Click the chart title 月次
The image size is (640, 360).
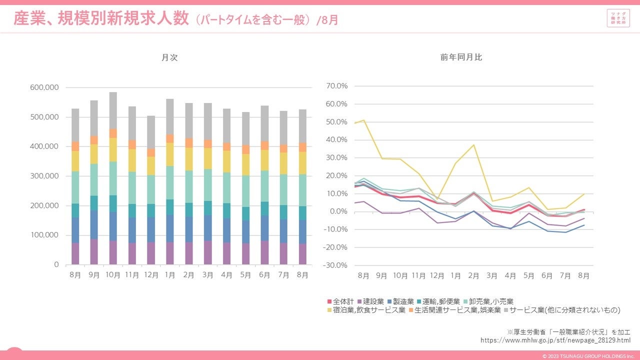pos(169,57)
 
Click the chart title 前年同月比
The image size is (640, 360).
pos(461,57)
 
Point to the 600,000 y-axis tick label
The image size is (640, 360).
pos(44,87)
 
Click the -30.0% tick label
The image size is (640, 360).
pos(335,265)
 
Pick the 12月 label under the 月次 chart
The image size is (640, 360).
pos(147,275)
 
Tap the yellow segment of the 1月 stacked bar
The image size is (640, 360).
pos(169,154)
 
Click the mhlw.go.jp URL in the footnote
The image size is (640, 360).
pos(555,340)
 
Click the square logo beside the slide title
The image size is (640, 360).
pos(618,19)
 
